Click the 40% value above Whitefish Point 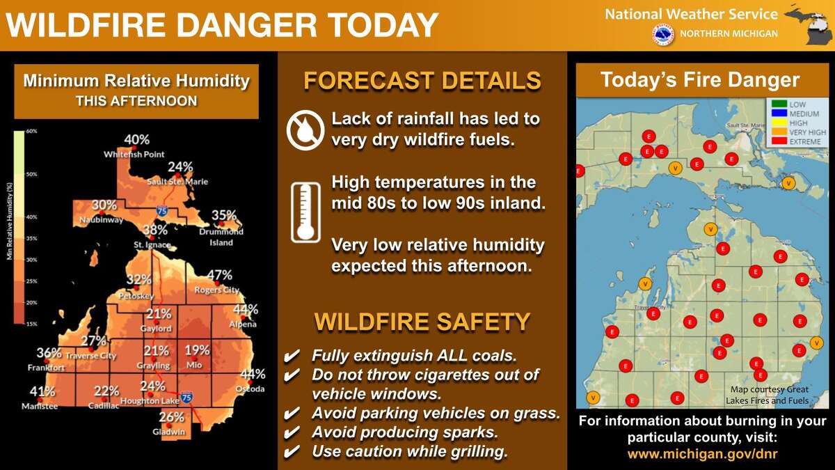[137, 141]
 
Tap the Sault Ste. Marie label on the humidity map [177, 182]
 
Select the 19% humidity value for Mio [197, 350]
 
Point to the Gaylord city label [155, 328]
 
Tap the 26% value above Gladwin [171, 418]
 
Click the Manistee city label [40, 406]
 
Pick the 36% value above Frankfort [49, 353]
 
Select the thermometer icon [305, 212]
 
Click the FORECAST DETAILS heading [422, 81]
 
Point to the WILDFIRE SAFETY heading [422, 322]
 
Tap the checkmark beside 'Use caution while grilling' [293, 452]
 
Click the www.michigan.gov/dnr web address [702, 453]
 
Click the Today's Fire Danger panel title [700, 80]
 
